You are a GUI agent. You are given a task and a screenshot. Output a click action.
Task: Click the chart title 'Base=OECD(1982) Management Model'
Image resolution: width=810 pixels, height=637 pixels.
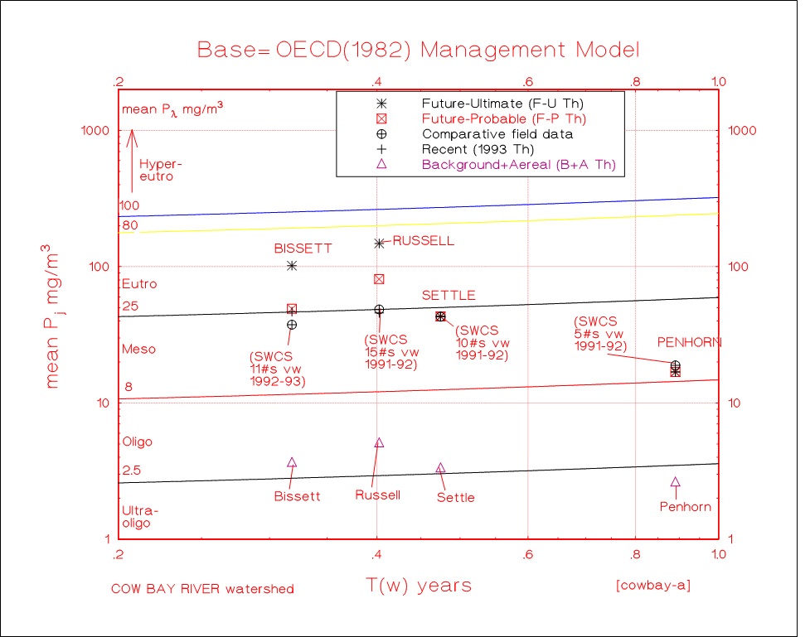coord(419,49)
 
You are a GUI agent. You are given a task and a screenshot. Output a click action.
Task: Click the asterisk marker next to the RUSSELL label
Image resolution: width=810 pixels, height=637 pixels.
coord(380,243)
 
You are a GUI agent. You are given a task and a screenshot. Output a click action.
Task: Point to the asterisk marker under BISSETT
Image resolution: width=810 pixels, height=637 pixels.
coord(292,265)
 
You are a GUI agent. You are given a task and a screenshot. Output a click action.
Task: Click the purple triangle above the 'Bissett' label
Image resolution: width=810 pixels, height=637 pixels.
coord(292,462)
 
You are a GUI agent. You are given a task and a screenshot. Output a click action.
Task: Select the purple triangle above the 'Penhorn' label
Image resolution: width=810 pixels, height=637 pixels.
coord(676,481)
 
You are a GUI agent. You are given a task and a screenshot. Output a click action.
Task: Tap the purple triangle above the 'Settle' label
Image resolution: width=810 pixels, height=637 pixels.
coord(440,468)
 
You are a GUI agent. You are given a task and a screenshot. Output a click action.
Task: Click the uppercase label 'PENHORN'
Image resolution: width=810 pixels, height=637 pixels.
coord(689,342)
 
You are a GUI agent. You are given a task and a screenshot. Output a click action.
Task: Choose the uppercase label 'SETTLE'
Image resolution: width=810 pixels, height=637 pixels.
coord(449,295)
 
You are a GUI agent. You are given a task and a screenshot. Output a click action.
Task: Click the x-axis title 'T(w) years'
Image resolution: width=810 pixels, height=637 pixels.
coord(419,585)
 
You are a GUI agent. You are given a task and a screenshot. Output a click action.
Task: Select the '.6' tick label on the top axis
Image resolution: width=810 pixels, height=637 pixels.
coord(526,82)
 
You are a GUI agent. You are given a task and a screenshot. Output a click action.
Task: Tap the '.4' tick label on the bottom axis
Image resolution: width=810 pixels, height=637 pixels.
coord(376,554)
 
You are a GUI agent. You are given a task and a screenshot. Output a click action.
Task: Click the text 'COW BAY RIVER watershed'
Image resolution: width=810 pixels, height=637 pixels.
coord(202,589)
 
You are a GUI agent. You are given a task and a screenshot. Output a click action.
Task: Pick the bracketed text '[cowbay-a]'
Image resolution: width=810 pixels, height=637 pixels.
coord(653,586)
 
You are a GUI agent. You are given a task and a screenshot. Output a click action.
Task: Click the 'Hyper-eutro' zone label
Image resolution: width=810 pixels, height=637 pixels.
coord(159,170)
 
